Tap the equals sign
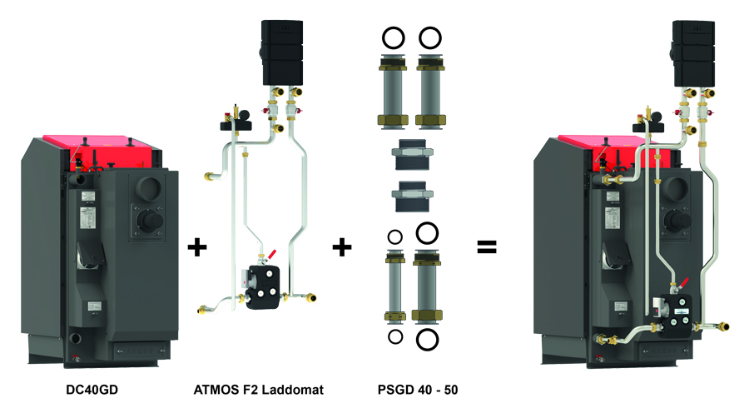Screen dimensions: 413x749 (486, 246)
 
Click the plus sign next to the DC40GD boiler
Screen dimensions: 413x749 (197, 246)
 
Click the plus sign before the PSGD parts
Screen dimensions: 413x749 (342, 246)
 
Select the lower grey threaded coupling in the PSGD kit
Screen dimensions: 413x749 (411, 193)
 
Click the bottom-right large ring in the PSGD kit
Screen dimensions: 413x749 (428, 338)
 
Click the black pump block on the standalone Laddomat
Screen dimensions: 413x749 (264, 287)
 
